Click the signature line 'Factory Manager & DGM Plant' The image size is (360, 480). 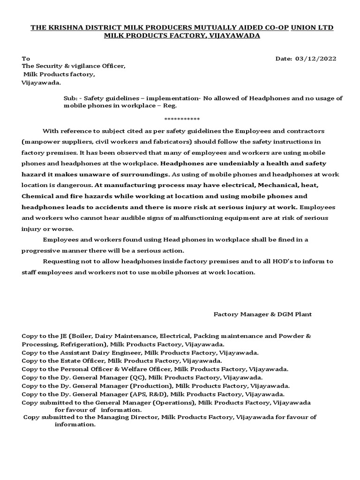pos(262,314)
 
